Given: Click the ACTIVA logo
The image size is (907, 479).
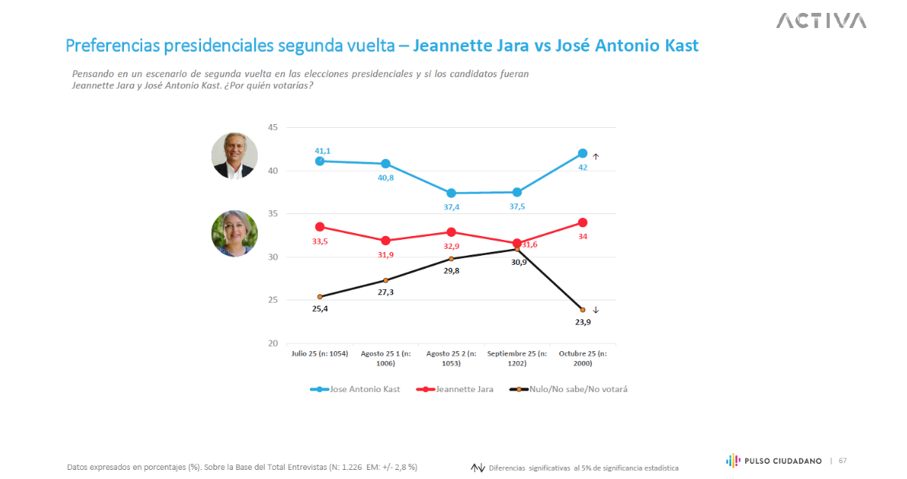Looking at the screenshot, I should pos(821,20).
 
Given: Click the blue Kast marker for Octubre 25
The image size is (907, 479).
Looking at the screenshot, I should pos(583,154).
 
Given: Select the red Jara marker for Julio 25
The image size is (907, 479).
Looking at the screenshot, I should pos(320,227).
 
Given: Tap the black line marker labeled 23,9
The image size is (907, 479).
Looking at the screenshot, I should pos(583,309).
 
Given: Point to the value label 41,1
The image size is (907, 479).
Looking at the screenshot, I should pos(323,151).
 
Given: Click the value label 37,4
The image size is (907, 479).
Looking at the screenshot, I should pos(451,207).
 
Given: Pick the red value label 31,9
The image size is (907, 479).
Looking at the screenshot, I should pos(385,254).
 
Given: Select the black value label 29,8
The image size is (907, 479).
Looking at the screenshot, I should pos(451,272).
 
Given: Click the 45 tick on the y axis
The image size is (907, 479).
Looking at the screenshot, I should pos(273,128).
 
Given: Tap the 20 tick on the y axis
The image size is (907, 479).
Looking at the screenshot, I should pos(273,344).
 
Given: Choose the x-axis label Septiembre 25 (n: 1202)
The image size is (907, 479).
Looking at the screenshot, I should pos(517,358).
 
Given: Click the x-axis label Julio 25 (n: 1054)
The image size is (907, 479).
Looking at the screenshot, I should pos(320,353).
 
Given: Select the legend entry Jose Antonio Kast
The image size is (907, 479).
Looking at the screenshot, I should pos(355,389).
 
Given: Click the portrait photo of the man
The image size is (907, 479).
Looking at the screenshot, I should pos(234,156).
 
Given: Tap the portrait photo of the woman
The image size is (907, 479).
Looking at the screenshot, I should pos(234,233).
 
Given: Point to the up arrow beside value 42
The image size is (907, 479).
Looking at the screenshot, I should pos(596,157).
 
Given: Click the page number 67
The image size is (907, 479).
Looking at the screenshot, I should pos(842,460).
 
